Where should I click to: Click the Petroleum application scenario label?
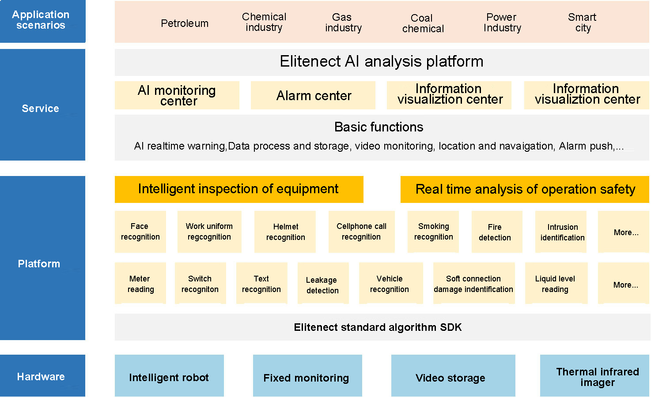[x=185, y=23]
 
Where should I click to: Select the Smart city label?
[x=583, y=22]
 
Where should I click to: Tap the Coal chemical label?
[x=423, y=23]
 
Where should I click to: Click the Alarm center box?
[x=313, y=95]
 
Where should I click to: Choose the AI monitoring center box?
[x=177, y=95]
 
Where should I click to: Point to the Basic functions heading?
[x=378, y=127]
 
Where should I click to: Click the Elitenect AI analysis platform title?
[x=382, y=61]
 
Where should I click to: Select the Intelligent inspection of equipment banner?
[x=239, y=189]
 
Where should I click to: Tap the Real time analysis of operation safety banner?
[x=525, y=189]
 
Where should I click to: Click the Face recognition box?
[x=140, y=232]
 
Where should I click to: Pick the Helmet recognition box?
[x=285, y=232]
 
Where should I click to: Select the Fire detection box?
[x=497, y=232]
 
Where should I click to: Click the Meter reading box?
[x=140, y=283]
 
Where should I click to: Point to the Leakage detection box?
[x=323, y=283]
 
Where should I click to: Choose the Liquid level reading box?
[x=556, y=283]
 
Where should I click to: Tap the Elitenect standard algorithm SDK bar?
[x=382, y=327]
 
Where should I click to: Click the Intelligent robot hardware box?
[x=169, y=375]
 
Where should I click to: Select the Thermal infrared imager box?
[x=594, y=375]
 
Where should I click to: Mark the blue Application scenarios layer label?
[x=43, y=21]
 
